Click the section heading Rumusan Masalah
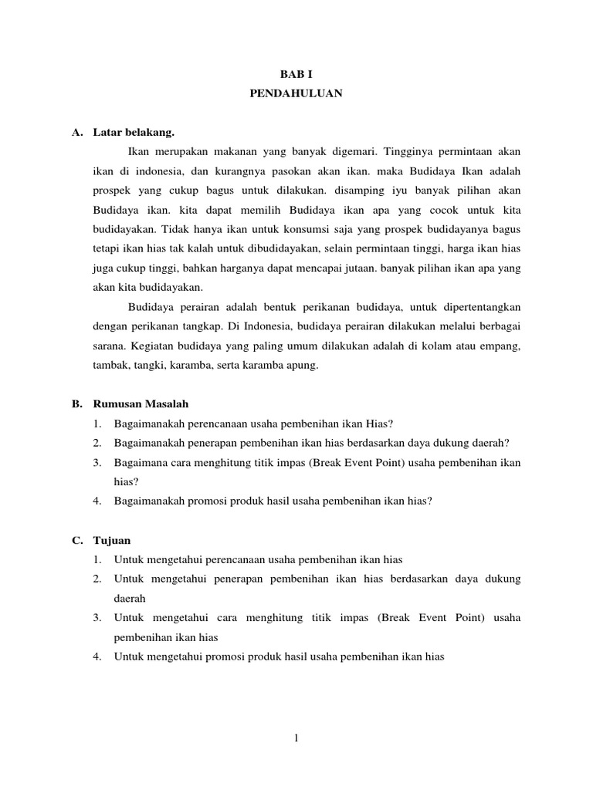click(141, 403)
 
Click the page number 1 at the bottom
click(296, 738)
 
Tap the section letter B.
click(76, 403)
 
